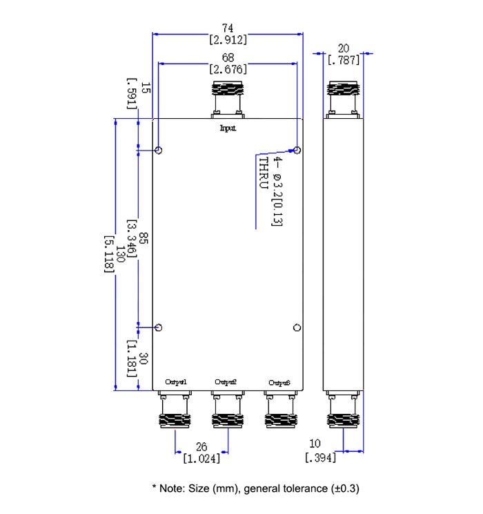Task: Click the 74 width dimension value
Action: coord(228,28)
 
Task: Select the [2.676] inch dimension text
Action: coord(228,69)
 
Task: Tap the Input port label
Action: coord(228,128)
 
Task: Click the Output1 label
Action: coord(176,382)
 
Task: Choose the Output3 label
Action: coord(279,382)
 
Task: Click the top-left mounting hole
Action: coord(159,151)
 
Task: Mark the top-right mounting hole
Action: coord(297,150)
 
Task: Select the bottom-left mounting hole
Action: coord(159,327)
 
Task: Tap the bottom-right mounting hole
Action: coord(297,327)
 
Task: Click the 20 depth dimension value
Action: coord(343,48)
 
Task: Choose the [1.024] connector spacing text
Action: coord(201,457)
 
